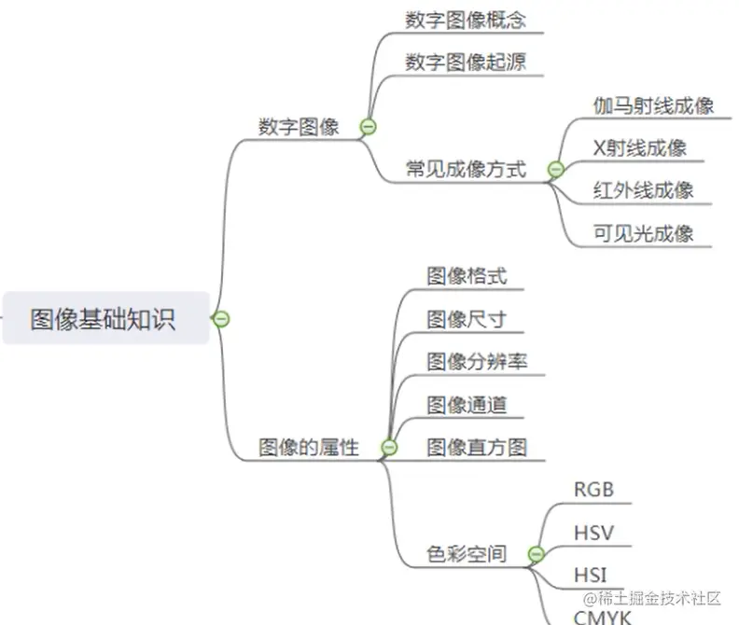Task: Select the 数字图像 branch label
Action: (x=299, y=127)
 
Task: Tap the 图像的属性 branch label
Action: (x=308, y=448)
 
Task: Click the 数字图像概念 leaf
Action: (x=472, y=21)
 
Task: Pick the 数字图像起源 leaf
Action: (x=466, y=62)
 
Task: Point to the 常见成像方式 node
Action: (x=465, y=169)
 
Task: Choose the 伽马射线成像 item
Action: (x=653, y=105)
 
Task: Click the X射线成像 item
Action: (x=640, y=148)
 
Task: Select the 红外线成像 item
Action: (x=643, y=191)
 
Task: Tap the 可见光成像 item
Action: (x=643, y=233)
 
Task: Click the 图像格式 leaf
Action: (x=467, y=276)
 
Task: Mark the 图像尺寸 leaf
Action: (x=467, y=319)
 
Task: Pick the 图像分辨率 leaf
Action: (x=477, y=362)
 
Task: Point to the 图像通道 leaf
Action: (x=467, y=405)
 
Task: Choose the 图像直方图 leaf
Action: (x=477, y=447)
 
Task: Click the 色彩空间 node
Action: (x=467, y=554)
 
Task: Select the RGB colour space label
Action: (x=594, y=490)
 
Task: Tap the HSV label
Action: (x=593, y=533)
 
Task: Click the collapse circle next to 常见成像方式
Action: (x=556, y=170)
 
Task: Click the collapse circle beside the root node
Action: (x=221, y=319)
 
